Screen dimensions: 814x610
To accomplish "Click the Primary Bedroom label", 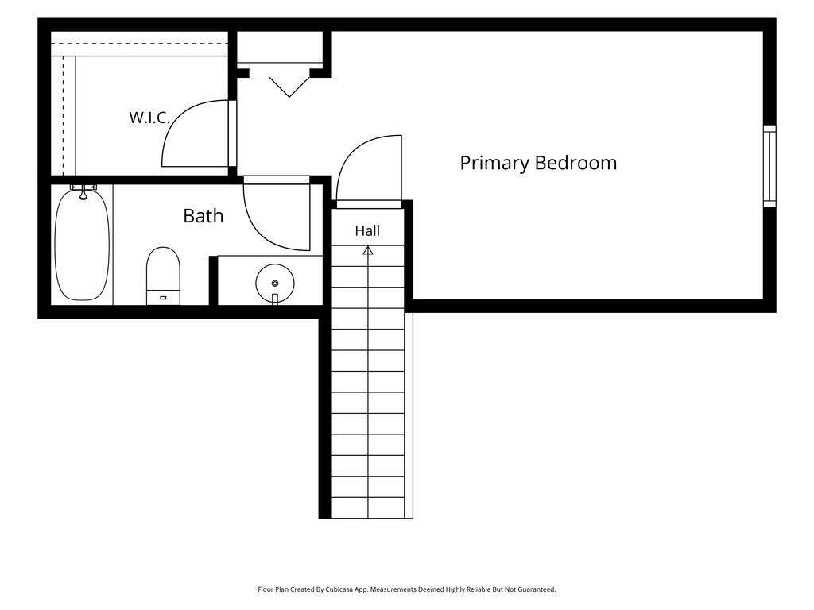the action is pos(538,163).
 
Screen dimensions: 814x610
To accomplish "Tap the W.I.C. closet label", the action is pos(149,118).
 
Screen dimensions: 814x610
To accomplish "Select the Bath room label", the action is pos(203,216).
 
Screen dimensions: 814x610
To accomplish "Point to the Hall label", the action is pos(367,231).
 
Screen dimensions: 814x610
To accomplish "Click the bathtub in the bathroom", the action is pos(82,245).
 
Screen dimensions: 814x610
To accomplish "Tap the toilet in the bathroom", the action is pos(163,276).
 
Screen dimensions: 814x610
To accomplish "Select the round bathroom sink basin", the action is pos(274,284).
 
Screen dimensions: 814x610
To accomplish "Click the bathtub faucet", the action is pos(83,191).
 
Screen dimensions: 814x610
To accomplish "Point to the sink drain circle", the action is pos(274,284).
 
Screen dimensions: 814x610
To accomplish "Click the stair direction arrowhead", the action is pos(368,250).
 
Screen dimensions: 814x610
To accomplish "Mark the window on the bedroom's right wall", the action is pos(769,166).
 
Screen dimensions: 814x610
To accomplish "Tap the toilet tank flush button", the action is pos(163,298).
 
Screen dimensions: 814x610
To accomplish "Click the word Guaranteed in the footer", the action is pos(535,590).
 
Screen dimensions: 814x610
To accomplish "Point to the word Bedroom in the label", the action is pos(576,163).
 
